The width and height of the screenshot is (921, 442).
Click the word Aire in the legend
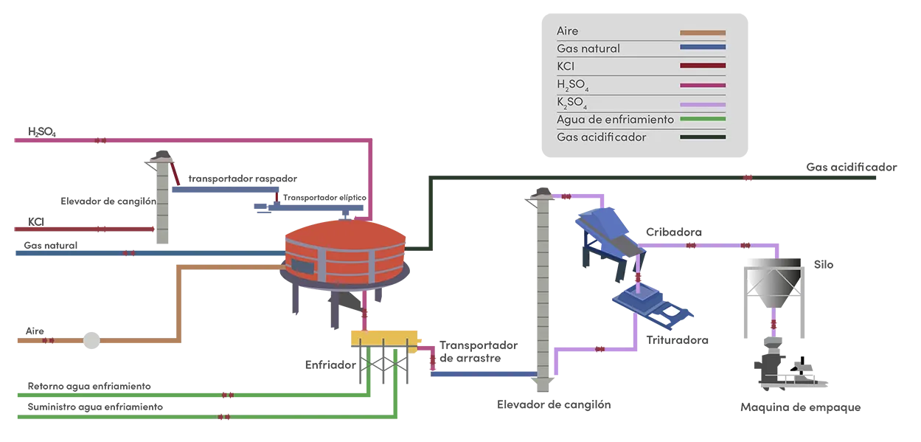567,32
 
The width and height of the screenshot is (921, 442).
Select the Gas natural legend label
588,49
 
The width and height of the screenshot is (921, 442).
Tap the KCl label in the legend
566,66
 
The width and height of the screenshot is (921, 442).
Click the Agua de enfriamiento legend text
615,119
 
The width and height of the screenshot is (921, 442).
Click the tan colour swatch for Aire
703,32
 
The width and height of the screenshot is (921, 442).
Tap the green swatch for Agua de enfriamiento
703,119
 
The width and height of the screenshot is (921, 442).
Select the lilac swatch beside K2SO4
703,103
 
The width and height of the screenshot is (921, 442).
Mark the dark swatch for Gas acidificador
703,137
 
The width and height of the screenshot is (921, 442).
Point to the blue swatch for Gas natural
703,49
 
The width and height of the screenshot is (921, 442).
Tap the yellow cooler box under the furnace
383,337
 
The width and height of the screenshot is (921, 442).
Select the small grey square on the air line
91,342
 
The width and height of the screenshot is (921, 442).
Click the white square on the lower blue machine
671,313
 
